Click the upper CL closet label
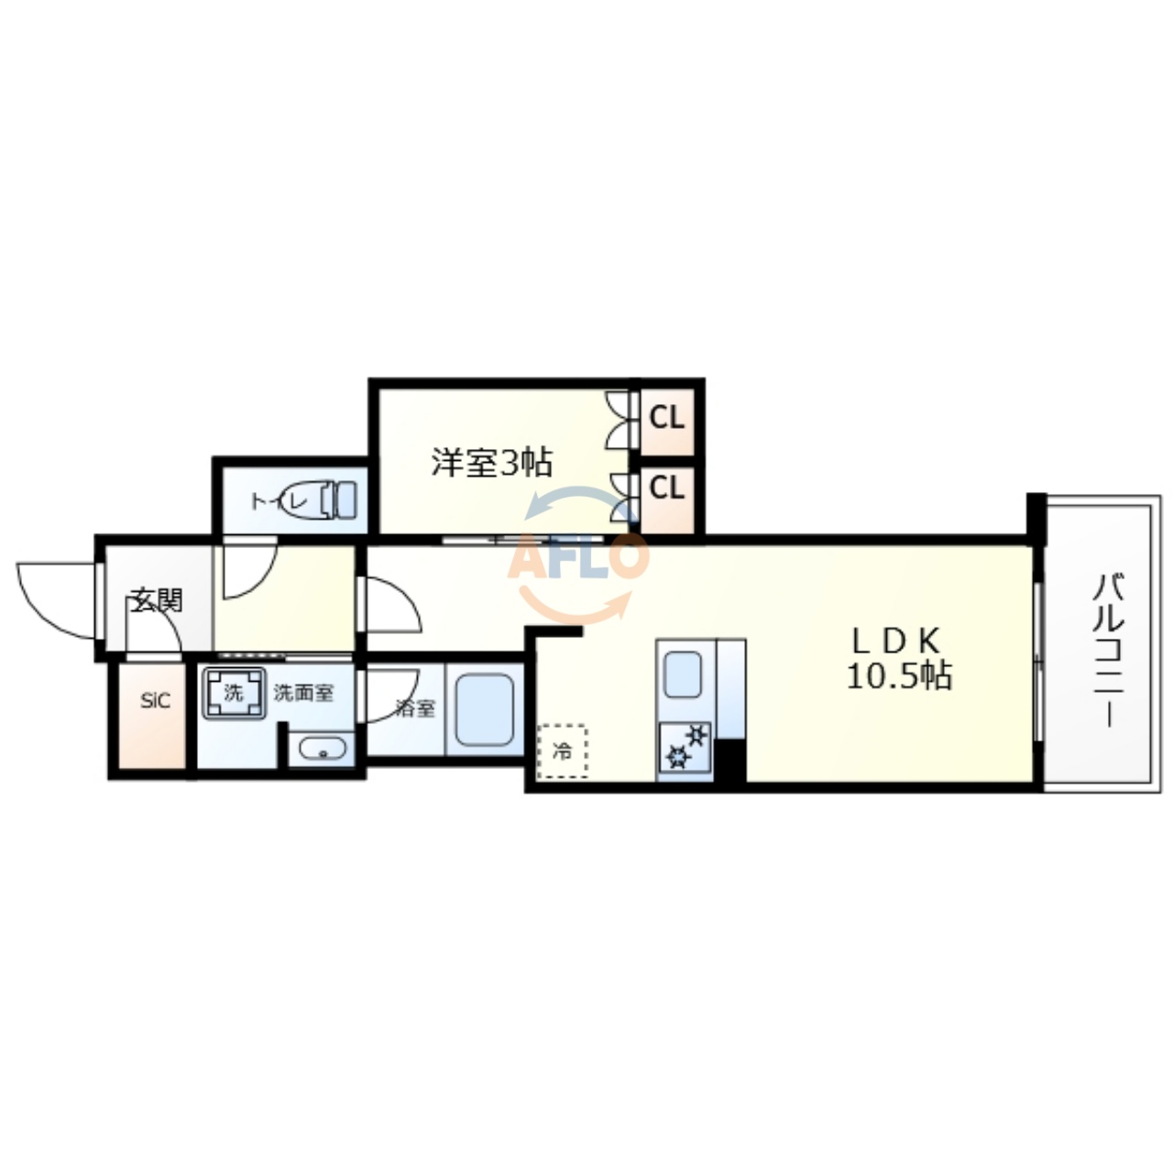coord(667,419)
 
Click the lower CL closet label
coord(667,488)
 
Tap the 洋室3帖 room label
coord(492,463)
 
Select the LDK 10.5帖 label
coord(898,659)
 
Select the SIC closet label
coord(155,702)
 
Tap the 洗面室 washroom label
coord(303,694)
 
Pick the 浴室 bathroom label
coord(415,708)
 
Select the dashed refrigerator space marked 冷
coord(563,751)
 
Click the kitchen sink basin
coord(683,674)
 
